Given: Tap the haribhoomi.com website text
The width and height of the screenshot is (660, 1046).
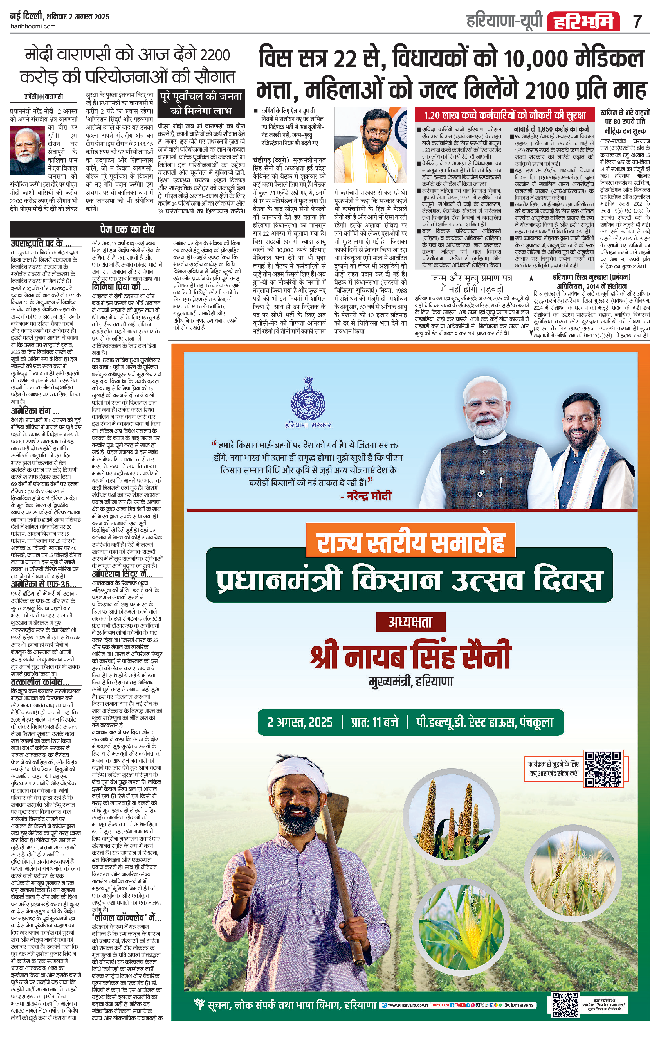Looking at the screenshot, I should click(33, 26).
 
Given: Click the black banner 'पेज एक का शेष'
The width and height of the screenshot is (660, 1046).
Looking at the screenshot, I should click(127, 229).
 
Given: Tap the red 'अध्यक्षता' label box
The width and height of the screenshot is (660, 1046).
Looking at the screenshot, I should click(410, 622).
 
